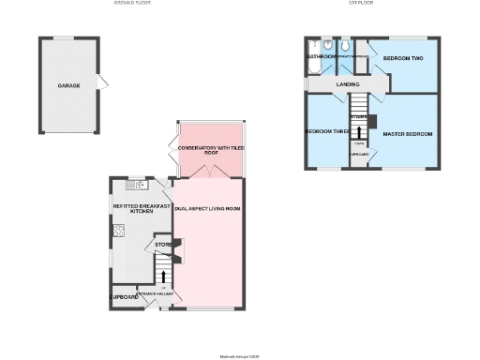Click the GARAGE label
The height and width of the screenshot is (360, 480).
(x=68, y=85)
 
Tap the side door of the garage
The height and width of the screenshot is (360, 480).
(x=102, y=83)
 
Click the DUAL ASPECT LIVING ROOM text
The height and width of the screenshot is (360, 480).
(x=208, y=208)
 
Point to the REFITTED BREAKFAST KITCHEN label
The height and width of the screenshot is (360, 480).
(x=141, y=208)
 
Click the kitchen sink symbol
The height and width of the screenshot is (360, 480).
(x=134, y=185)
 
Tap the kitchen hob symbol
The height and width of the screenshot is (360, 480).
(x=119, y=231)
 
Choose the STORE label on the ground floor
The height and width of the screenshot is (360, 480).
(x=150, y=245)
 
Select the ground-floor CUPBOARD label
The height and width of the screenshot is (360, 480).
(x=125, y=297)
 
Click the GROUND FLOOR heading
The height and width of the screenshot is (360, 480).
(x=132, y=4)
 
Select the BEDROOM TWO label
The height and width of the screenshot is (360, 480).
(x=403, y=58)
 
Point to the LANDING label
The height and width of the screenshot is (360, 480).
(x=348, y=85)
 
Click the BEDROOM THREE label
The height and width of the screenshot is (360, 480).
(x=326, y=131)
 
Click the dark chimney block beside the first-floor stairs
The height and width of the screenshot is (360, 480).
(x=372, y=120)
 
